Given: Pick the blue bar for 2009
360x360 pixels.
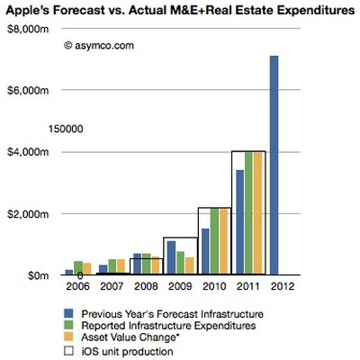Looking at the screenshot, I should [x=170, y=257].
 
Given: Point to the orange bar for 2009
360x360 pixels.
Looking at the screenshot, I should [x=189, y=266].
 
